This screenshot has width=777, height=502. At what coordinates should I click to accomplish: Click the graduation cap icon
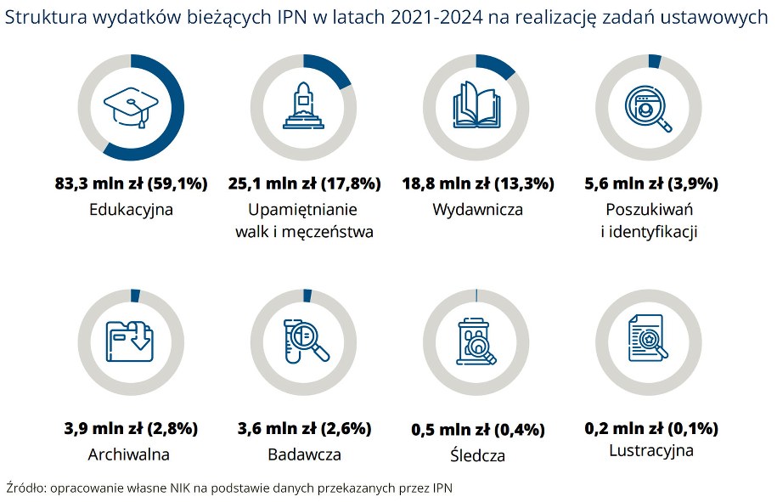click(130, 108)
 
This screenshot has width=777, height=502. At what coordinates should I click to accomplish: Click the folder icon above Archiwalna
click(130, 340)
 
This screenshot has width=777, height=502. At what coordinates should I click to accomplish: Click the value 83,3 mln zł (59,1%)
click(130, 183)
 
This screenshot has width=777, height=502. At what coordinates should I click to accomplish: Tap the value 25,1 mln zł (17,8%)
click(304, 183)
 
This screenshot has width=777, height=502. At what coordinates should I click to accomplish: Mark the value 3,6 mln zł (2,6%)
click(304, 428)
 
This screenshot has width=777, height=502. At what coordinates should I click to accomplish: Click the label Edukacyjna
click(131, 210)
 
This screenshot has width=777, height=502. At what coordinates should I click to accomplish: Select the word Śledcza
click(476, 455)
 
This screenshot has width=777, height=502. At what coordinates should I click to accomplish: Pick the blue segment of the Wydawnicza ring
click(500, 66)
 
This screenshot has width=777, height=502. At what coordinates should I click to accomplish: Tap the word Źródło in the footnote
click(26, 488)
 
